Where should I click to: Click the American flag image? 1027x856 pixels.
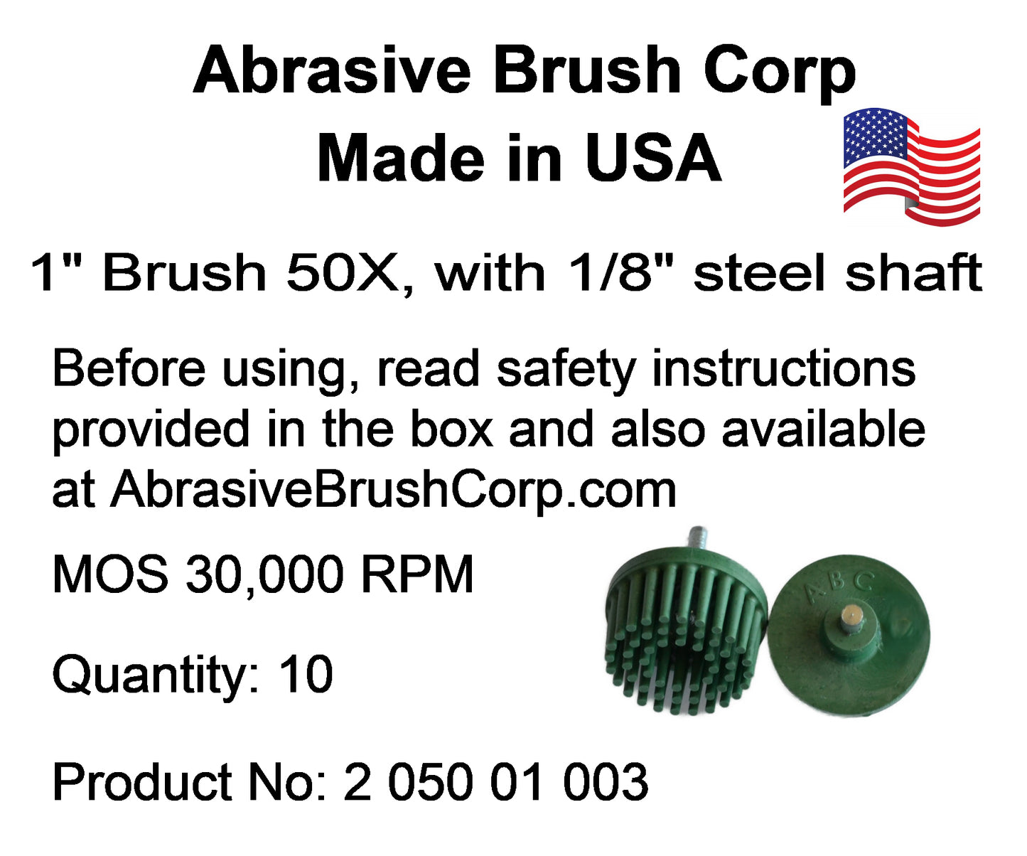[911, 167]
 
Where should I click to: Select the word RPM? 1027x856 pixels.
[417, 574]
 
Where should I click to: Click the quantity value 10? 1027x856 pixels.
[306, 675]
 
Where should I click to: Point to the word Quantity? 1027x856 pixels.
[156, 675]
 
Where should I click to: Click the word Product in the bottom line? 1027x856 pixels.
[142, 782]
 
